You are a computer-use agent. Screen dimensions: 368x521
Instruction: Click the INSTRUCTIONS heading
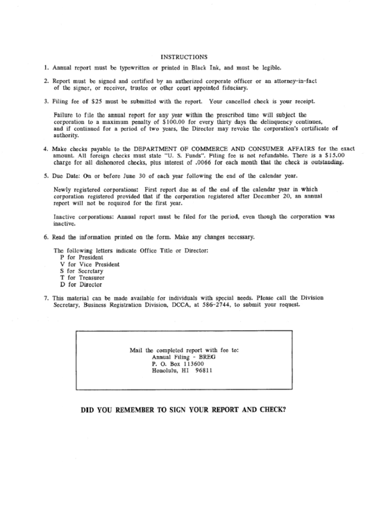tap(184, 56)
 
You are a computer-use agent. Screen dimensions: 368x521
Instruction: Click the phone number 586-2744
tap(218, 305)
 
